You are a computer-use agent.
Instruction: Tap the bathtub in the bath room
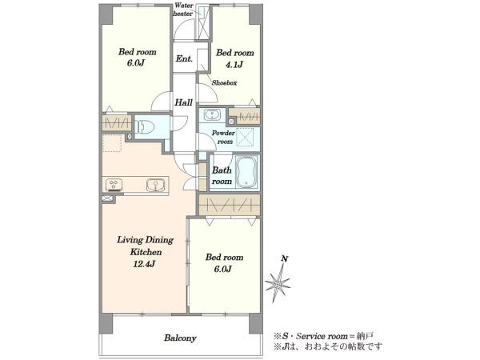247,173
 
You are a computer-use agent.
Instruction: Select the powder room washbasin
212,115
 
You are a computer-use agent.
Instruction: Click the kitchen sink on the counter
155,185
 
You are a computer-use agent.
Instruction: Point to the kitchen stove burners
114,185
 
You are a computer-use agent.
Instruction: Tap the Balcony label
180,338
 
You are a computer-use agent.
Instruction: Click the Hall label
184,102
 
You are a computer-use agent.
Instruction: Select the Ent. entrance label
184,58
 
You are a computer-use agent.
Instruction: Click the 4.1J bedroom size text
234,65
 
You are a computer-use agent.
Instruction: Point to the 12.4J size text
144,264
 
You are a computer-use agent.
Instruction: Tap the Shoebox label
224,82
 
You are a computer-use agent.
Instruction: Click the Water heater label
183,10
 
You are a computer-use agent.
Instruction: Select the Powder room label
223,137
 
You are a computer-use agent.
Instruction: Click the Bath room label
222,176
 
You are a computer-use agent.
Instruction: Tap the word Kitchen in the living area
146,252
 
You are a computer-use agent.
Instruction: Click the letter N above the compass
284,259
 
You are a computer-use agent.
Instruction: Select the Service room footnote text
323,336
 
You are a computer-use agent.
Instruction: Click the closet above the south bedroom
230,205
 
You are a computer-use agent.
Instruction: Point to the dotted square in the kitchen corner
112,143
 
